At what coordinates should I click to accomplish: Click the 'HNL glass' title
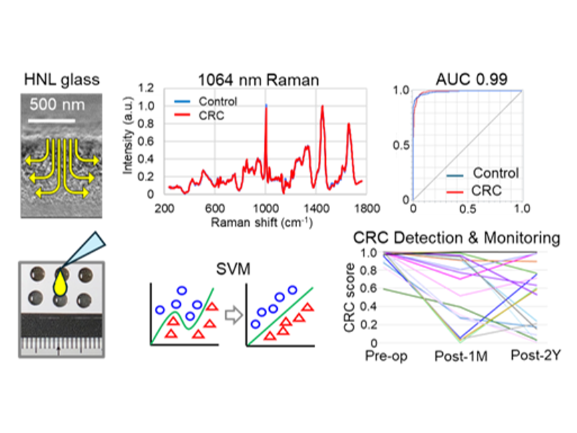point(62,80)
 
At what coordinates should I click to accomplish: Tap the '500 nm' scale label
point(57,104)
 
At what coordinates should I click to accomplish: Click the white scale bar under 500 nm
point(51,120)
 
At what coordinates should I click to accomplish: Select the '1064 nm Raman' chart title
point(258,80)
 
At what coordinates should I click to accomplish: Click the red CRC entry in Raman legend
point(200,116)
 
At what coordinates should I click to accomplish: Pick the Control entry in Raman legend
point(206,102)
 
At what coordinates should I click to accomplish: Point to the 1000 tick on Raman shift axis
point(265,208)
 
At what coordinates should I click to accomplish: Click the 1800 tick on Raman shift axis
point(367,208)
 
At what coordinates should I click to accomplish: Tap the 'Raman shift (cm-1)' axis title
point(262,222)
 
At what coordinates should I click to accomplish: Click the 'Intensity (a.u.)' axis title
point(128,135)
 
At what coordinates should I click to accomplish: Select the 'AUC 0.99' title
point(471,79)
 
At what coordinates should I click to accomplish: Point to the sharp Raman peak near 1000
point(266,106)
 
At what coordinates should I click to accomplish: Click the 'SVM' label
point(233,269)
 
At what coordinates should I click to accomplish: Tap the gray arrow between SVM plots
point(234,315)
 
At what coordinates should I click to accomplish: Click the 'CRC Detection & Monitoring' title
point(457,238)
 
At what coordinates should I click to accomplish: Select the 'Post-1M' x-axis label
point(461,356)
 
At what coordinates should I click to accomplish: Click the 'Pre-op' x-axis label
point(386,355)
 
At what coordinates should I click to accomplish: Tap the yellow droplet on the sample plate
point(60,284)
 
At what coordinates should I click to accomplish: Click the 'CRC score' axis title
point(349,297)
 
